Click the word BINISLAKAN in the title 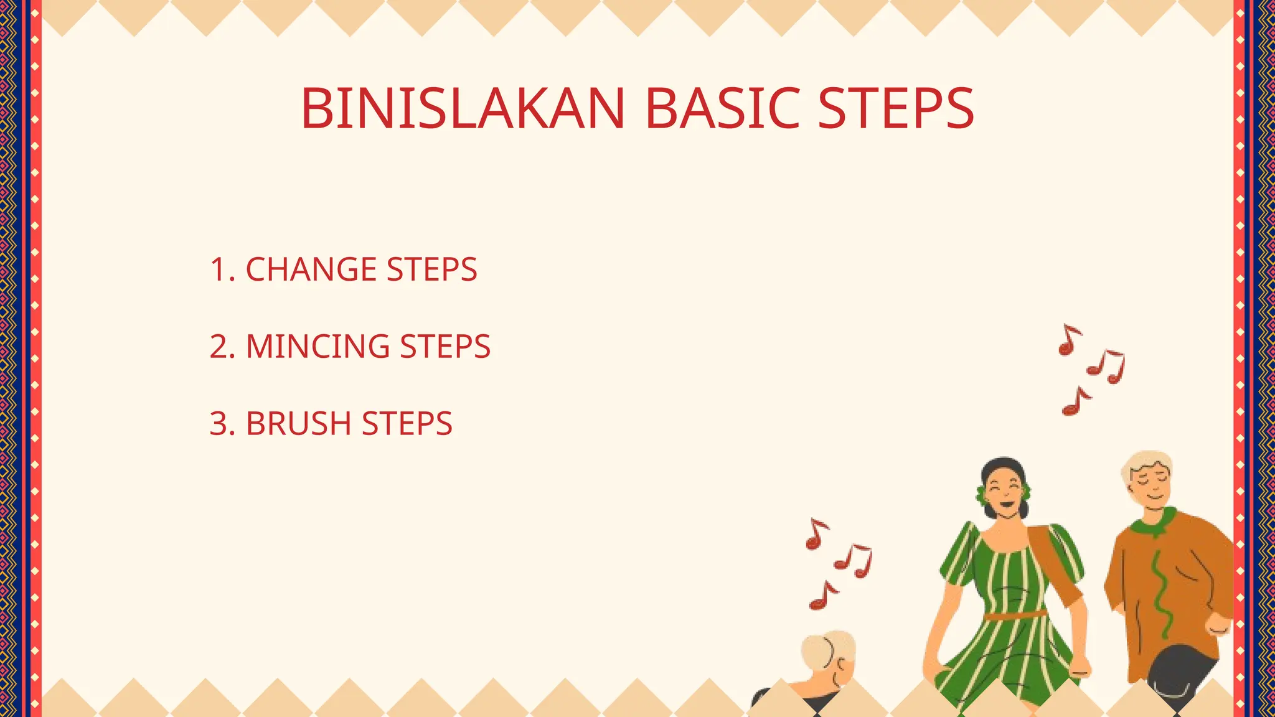pos(463,109)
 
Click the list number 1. pos(218,269)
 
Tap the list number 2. pos(219,347)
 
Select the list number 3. pos(219,424)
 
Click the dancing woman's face pos(1004,492)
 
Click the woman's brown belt pos(1015,616)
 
